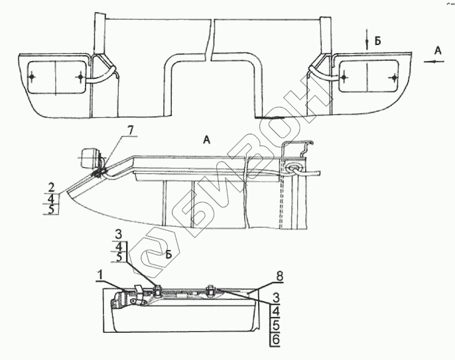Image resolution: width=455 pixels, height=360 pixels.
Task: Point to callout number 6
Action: [x=275, y=339]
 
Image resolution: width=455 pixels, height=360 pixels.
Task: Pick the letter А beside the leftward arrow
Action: [x=436, y=50]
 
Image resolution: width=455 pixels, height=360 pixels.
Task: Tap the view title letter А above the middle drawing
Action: [x=206, y=139]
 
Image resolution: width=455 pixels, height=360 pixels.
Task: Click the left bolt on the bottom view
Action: [x=159, y=288]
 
